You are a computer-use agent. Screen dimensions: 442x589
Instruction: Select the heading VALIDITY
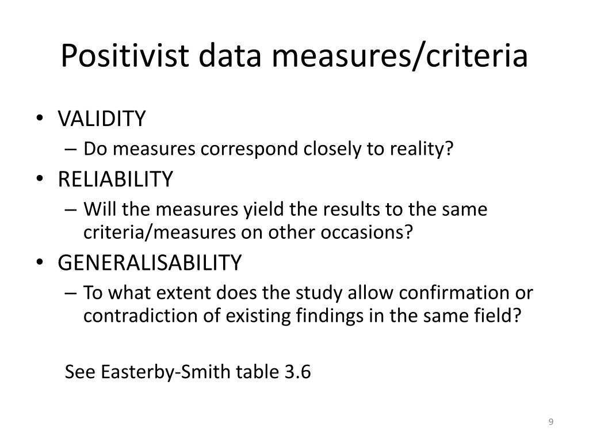102,119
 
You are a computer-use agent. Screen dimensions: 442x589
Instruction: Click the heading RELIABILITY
115,180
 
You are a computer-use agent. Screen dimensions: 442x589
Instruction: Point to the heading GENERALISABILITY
150,263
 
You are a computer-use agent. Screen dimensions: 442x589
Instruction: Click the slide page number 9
551,422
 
